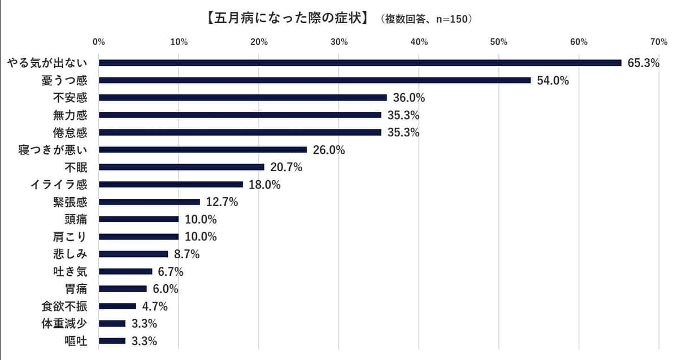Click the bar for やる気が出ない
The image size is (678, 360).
coord(360,63)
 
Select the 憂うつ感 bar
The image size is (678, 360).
coord(315,80)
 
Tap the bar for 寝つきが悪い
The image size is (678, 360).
coord(203,150)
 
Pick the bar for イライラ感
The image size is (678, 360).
coord(171,184)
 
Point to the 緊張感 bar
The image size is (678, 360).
coord(149,202)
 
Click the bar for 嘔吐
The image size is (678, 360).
coord(112,341)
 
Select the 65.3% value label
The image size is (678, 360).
coord(644,63)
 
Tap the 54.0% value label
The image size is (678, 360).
coord(553,81)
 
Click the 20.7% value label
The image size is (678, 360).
coord(286,167)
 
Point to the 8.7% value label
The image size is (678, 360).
coord(186,254)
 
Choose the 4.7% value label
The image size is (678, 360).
coord(155,306)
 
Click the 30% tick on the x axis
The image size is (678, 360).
coord(339,42)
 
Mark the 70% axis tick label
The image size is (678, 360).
coord(659,42)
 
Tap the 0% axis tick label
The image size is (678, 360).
coord(99,42)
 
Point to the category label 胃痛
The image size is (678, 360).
coord(76,289)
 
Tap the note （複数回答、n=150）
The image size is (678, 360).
coord(427,19)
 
